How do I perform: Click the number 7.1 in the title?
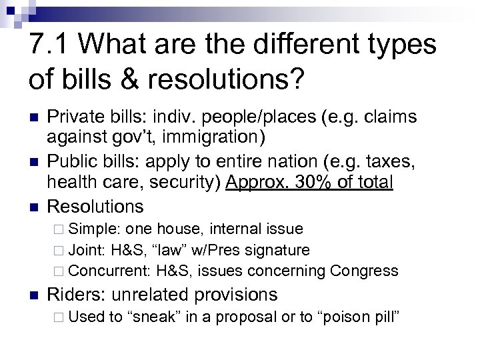pyautogui.click(x=54, y=46)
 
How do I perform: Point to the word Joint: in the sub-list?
pyautogui.click(x=89, y=250)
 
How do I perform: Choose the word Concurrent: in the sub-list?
pyautogui.click(x=110, y=271)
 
